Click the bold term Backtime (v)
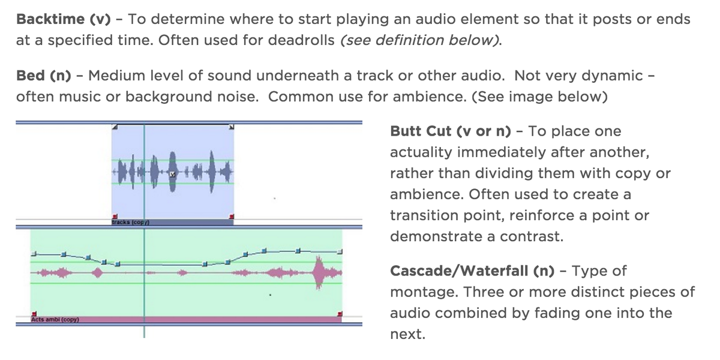pyautogui.click(x=64, y=19)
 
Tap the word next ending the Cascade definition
pyautogui.click(x=407, y=334)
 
